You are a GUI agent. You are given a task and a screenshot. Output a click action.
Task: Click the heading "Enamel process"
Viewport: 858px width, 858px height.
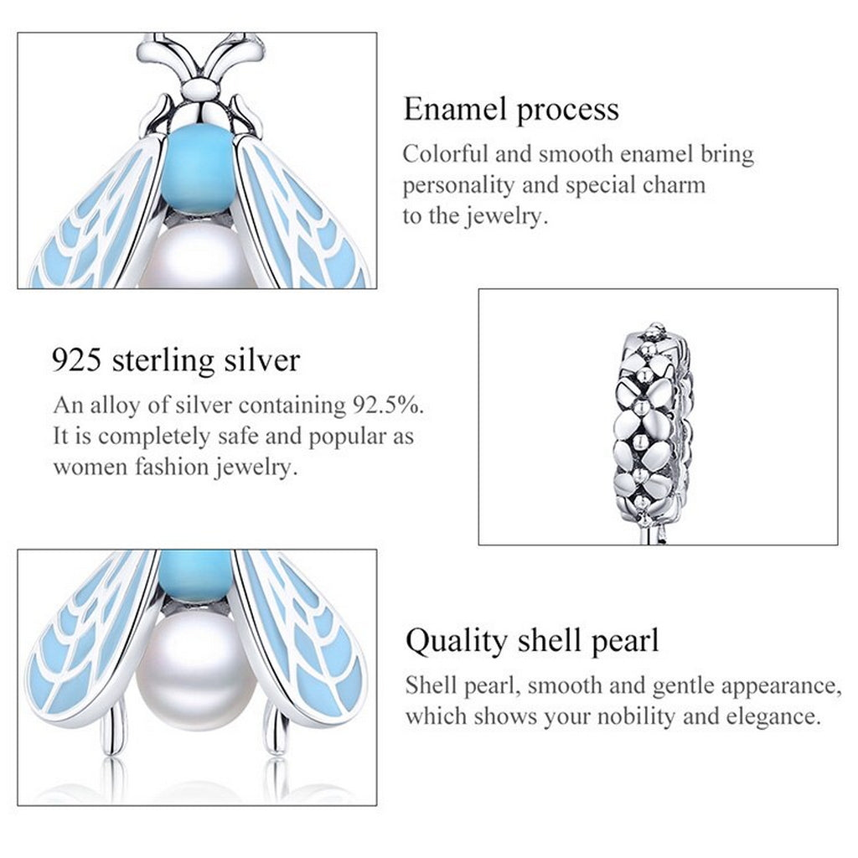511,110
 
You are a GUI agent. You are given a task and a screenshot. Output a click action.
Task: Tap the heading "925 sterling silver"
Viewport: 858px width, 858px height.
176,360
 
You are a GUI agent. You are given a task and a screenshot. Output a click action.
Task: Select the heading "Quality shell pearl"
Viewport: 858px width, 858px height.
532,641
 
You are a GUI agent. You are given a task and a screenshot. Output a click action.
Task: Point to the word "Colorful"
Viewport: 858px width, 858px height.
442,155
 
